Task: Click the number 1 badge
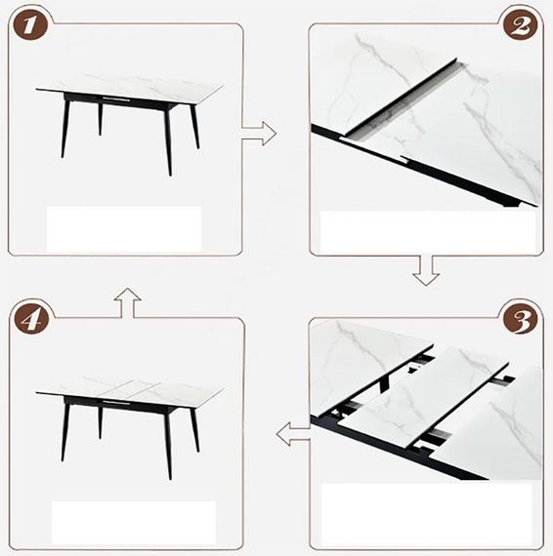click(30, 25)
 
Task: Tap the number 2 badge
click(521, 25)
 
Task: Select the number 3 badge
click(522, 319)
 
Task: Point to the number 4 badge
click(31, 320)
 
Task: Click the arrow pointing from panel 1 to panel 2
click(259, 134)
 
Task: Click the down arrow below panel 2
click(426, 270)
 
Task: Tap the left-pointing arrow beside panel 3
click(293, 434)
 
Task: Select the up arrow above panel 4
click(128, 302)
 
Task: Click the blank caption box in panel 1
click(124, 229)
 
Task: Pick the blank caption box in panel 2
click(428, 232)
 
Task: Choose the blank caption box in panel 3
click(426, 514)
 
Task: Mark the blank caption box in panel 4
click(134, 523)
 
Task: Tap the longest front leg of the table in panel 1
click(168, 141)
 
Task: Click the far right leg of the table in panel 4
click(194, 430)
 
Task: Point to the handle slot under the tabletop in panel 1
click(116, 99)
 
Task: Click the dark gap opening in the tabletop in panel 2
click(402, 101)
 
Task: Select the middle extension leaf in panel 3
click(424, 395)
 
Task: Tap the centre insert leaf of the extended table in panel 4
click(130, 389)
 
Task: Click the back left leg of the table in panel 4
click(101, 423)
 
